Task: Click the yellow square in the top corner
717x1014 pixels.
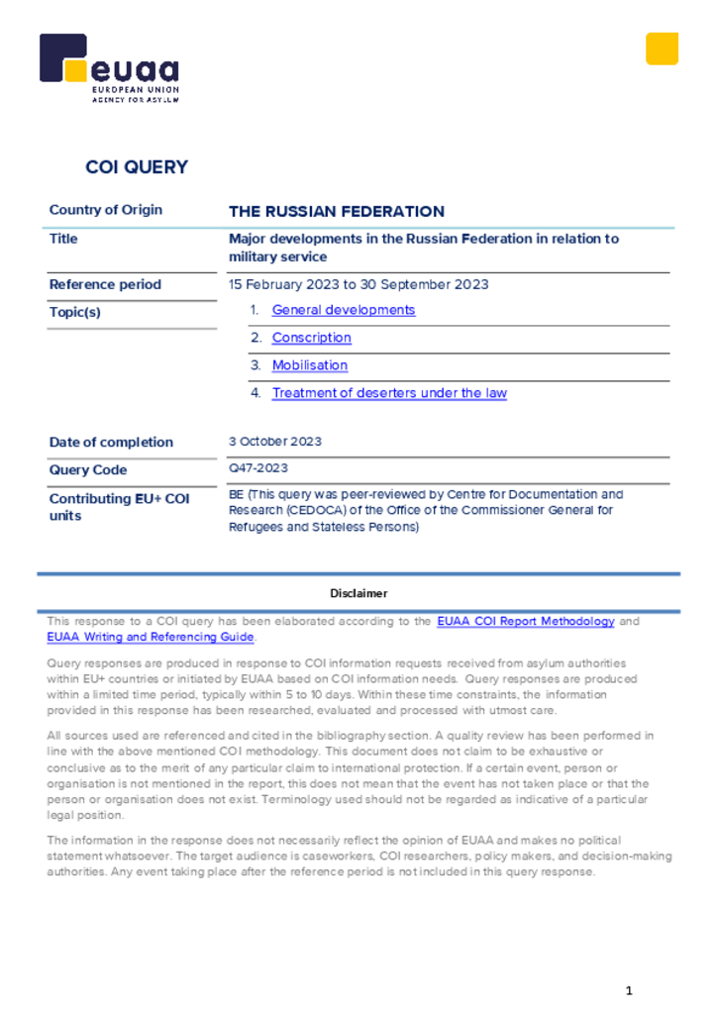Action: pyautogui.click(x=662, y=49)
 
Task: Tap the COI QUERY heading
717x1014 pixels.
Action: pyautogui.click(x=137, y=167)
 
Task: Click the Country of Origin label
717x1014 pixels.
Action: pyautogui.click(x=106, y=210)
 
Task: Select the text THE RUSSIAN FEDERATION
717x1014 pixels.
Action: pyautogui.click(x=337, y=211)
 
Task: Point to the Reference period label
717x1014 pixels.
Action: pyautogui.click(x=105, y=284)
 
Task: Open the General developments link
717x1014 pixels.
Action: pyautogui.click(x=344, y=310)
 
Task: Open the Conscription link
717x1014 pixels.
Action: pyautogui.click(x=311, y=338)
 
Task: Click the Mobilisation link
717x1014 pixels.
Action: pyautogui.click(x=310, y=365)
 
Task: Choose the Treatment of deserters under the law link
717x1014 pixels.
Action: pyautogui.click(x=389, y=393)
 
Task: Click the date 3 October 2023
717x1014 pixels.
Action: pyautogui.click(x=275, y=442)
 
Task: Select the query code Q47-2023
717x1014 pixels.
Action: pyautogui.click(x=258, y=468)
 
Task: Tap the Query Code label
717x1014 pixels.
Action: pyautogui.click(x=88, y=470)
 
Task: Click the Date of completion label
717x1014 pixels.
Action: pyautogui.click(x=111, y=443)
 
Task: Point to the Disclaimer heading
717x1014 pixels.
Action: pyautogui.click(x=358, y=593)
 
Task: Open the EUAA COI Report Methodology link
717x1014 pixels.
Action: pyautogui.click(x=526, y=622)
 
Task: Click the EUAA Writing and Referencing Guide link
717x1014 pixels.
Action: pyautogui.click(x=151, y=638)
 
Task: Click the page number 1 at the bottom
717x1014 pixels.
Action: pyautogui.click(x=628, y=991)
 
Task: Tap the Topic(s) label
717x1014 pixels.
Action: pyautogui.click(x=75, y=312)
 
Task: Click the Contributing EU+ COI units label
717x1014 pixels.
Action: pyautogui.click(x=119, y=507)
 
